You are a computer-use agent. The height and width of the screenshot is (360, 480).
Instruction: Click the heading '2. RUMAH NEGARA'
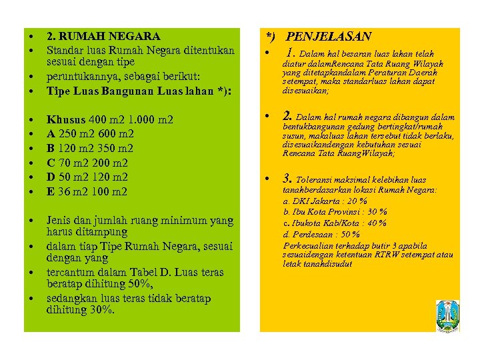[103, 37]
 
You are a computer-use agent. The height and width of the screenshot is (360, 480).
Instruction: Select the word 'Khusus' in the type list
[65, 120]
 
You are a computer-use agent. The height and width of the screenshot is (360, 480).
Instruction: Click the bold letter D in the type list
[50, 177]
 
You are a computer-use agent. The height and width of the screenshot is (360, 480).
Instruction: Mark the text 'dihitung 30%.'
[81, 310]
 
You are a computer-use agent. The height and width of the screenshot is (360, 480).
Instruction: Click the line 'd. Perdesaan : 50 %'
[321, 234]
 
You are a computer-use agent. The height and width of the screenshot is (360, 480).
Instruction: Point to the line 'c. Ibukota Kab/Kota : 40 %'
[335, 223]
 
